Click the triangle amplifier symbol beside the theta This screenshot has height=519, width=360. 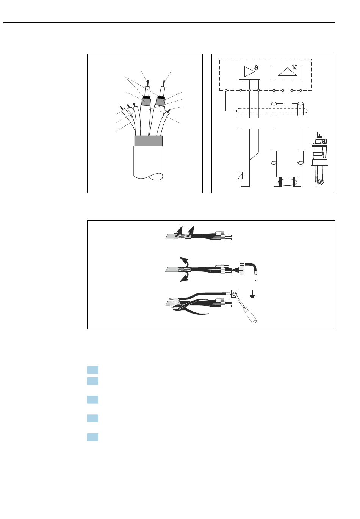pos(249,72)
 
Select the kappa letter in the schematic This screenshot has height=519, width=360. pos(294,67)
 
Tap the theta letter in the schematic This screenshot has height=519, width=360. pos(256,68)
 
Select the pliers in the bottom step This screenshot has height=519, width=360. pos(190,307)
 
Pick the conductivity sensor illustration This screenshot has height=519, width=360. pos(319,159)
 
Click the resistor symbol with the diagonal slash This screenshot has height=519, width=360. pos(241,176)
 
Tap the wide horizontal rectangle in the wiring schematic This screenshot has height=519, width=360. pos(272,123)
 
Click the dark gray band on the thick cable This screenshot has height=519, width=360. pos(148,141)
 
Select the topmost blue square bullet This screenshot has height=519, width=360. pos(92,370)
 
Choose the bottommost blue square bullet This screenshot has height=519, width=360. pos(92,437)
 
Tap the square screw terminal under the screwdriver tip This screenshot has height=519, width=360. pos(235,293)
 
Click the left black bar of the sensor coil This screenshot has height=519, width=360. pos(280,182)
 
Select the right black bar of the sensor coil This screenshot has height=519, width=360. pos(294,182)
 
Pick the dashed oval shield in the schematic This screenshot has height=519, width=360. pos(272,111)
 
